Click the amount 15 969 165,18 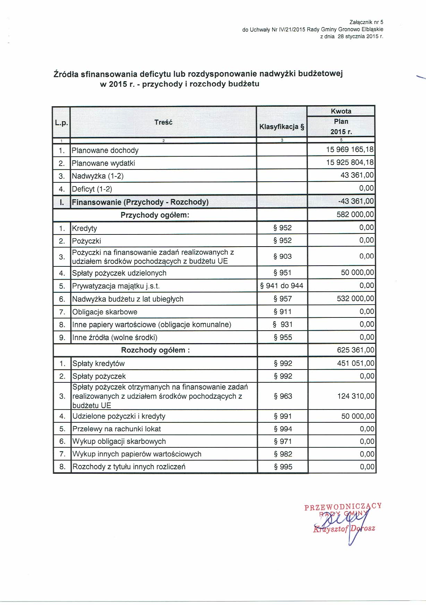coord(350,150)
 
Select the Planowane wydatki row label coord(103,163)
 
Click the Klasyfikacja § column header coord(282,127)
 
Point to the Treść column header coord(163,122)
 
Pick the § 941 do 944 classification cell coord(282,286)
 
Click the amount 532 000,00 coord(355,299)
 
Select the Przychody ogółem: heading coord(155,215)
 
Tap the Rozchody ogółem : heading coord(155,350)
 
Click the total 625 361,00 coord(355,350)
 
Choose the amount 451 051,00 coord(356,363)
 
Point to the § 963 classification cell coord(283,396)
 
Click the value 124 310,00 coord(356,396)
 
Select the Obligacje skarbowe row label coord(105,312)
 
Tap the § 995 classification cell coord(283,467)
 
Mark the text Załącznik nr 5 coord(367,22)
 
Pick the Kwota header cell coord(341,111)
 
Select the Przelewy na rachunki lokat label coord(117,429)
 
